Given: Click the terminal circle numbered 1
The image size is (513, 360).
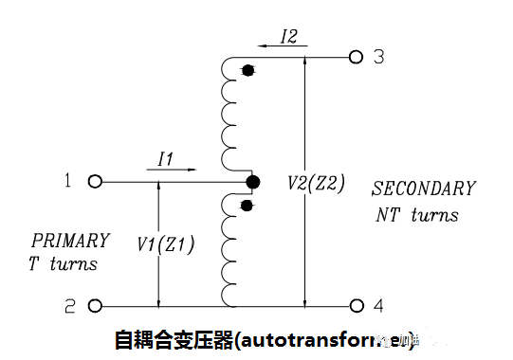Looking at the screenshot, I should click(95, 181).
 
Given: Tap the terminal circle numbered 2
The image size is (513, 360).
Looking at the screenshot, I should click(95, 306).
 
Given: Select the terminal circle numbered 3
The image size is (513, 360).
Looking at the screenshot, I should click(357, 57).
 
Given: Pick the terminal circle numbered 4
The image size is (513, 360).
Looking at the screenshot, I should click(357, 306).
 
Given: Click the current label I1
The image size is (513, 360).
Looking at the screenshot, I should click(164, 157).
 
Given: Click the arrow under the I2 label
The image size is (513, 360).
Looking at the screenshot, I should click(276, 46).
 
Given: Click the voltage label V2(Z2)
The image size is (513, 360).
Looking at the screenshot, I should click(316, 181).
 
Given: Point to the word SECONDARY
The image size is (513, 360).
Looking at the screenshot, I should click(423, 189).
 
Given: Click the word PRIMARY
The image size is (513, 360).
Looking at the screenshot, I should click(70, 241).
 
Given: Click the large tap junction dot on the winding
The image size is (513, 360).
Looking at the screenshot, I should click(251, 181).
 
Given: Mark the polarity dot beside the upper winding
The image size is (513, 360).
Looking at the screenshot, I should click(247, 70).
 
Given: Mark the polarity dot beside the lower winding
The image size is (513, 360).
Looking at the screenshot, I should click(247, 205).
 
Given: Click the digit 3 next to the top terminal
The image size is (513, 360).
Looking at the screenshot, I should click(378, 57).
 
